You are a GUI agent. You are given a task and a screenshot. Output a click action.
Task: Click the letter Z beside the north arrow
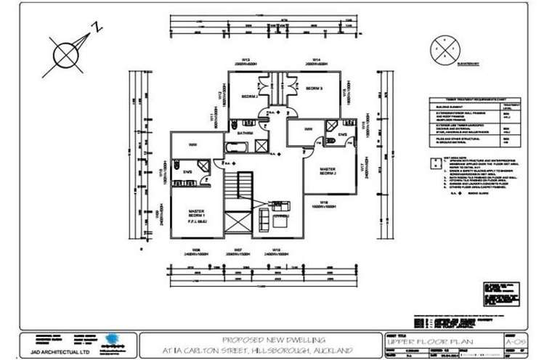point(96,28)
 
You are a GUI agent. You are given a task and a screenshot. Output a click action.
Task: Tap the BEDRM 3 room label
point(313,88)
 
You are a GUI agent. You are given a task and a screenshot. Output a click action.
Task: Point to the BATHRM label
point(244,133)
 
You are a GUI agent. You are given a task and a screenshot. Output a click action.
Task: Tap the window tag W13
point(245,60)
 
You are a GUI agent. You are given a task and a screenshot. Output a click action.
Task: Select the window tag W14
point(317,60)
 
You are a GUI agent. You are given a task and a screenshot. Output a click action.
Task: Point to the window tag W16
point(324,202)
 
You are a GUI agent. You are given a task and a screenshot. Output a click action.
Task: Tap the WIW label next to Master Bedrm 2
point(309,129)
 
